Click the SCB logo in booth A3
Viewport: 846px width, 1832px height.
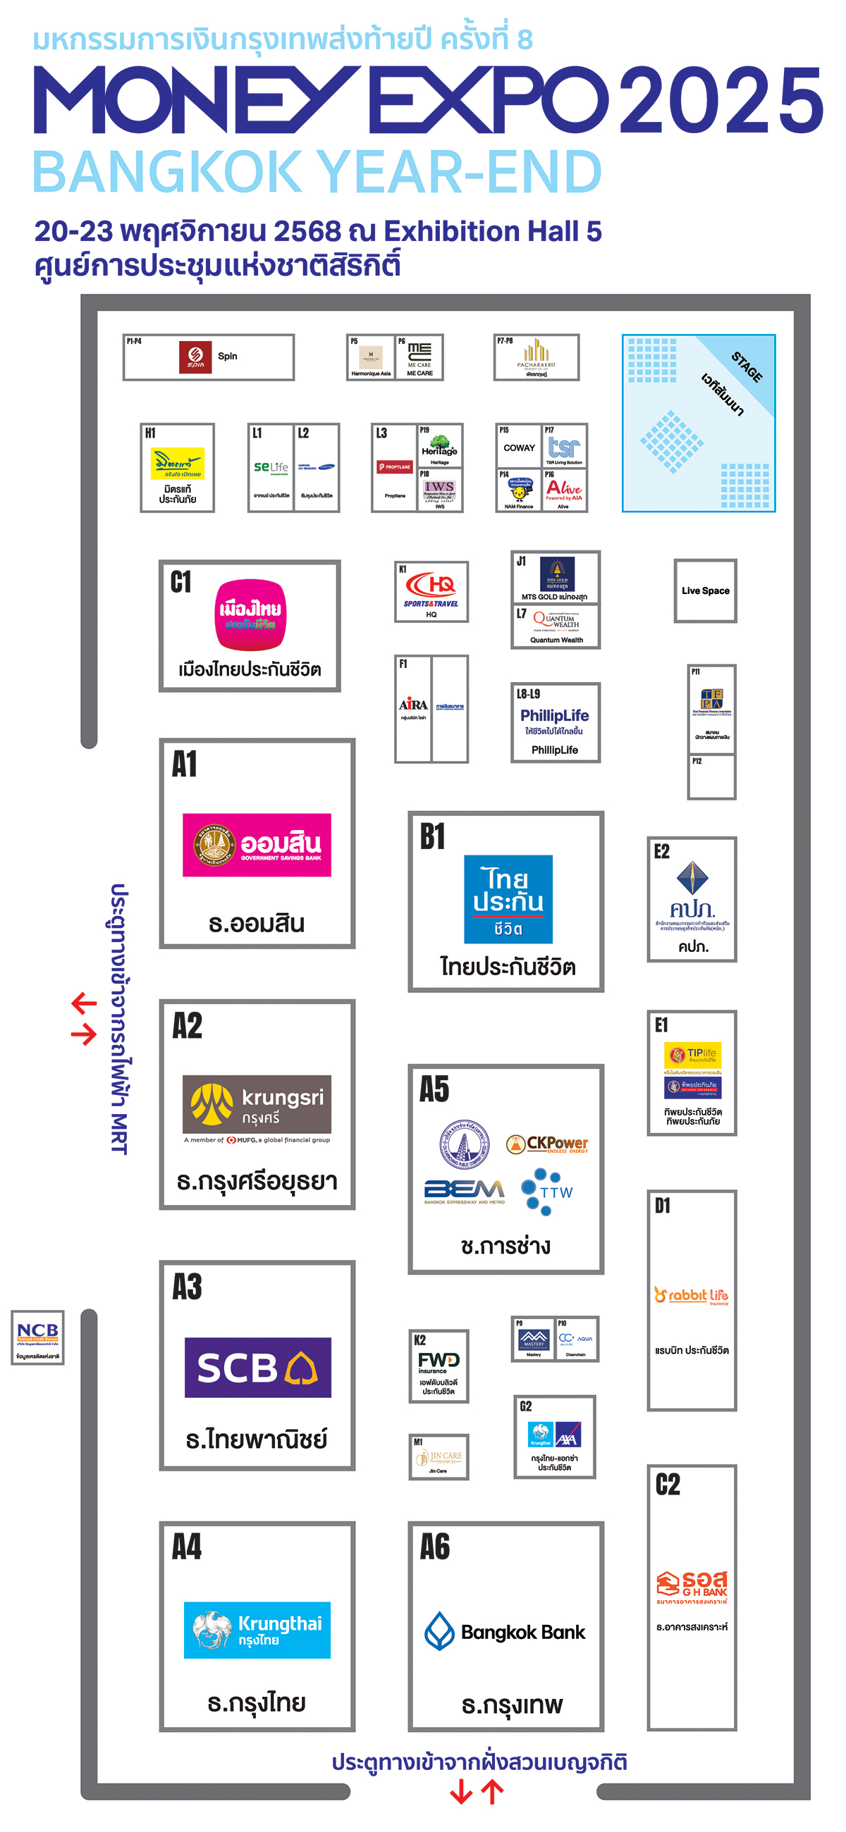pos(257,1367)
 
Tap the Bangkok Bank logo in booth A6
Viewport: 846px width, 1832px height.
pos(505,1631)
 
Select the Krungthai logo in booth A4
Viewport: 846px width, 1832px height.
pos(257,1630)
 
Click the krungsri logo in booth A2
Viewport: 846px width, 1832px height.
pos(257,1103)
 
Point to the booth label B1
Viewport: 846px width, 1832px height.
pos(432,836)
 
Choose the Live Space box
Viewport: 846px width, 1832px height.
pos(705,590)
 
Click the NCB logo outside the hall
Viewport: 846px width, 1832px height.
pos(37,1337)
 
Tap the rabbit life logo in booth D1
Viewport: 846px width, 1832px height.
pos(691,1296)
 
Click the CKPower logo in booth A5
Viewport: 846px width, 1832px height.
pos(547,1144)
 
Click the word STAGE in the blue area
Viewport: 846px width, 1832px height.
pos(747,366)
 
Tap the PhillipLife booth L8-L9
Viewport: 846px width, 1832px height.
pos(555,722)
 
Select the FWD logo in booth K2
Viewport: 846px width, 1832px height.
pos(439,1361)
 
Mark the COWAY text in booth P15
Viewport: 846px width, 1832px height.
pos(519,448)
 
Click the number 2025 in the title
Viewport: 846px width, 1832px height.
pos(721,99)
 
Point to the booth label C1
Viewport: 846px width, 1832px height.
pos(180,582)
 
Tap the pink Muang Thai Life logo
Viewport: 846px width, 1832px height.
pos(250,615)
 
